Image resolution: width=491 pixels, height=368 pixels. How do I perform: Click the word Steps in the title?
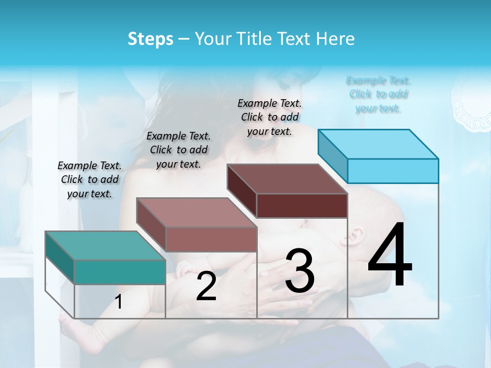click(x=150, y=39)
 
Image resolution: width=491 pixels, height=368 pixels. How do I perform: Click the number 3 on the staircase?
click(x=300, y=271)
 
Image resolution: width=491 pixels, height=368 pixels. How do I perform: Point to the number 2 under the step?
click(x=206, y=286)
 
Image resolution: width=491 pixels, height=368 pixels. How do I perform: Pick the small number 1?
click(x=119, y=302)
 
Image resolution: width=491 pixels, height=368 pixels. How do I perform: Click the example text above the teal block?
click(x=90, y=179)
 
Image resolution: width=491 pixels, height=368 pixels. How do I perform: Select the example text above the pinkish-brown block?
click(x=178, y=150)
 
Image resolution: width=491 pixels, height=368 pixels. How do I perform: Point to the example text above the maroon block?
click(x=270, y=117)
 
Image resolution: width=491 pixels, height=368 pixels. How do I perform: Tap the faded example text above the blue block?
click(x=378, y=94)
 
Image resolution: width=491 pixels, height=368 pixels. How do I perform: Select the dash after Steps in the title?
click(x=184, y=39)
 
